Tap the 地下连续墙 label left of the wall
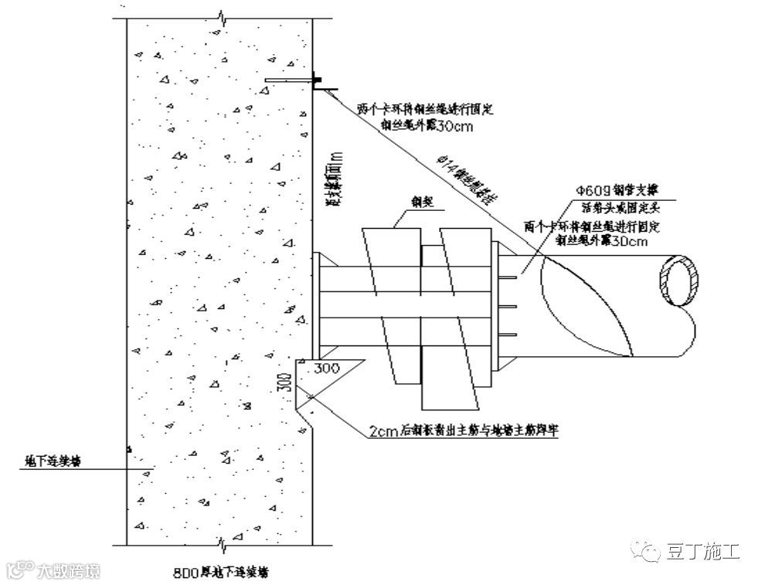[53, 461]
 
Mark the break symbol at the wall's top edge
[222, 15]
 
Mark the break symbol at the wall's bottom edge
[222, 546]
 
